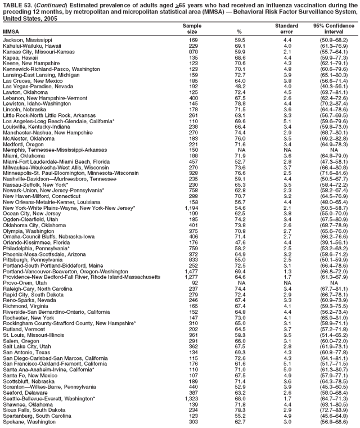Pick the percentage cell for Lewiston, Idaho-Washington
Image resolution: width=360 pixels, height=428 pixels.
click(240, 88)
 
